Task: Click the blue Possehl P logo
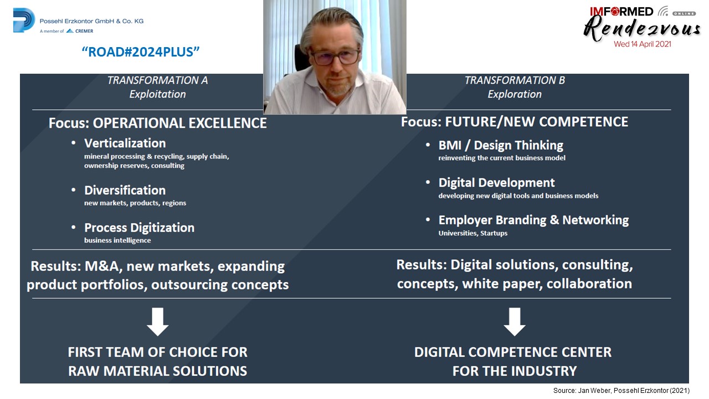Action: pyautogui.click(x=24, y=21)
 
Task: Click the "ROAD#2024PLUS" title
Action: pyautogui.click(x=141, y=52)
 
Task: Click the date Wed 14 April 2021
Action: pyautogui.click(x=642, y=44)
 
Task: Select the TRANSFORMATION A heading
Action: pyautogui.click(x=157, y=80)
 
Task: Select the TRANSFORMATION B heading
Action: pyautogui.click(x=515, y=80)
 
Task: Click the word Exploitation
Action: pyautogui.click(x=157, y=94)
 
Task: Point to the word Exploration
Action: pyautogui.click(x=515, y=94)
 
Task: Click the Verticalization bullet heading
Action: pyautogui.click(x=125, y=143)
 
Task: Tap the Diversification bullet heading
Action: pyautogui.click(x=125, y=190)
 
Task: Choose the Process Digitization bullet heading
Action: pyautogui.click(x=139, y=228)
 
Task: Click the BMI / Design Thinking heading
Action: pyautogui.click(x=501, y=145)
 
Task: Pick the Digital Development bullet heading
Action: pyautogui.click(x=496, y=183)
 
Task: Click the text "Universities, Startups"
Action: pyautogui.click(x=473, y=233)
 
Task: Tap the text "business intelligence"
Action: pyautogui.click(x=117, y=241)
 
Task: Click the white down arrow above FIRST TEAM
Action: pyautogui.click(x=158, y=321)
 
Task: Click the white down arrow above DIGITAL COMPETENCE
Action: pyautogui.click(x=515, y=321)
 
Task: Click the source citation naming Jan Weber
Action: pyautogui.click(x=621, y=391)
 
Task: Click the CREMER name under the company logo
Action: pyautogui.click(x=84, y=31)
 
